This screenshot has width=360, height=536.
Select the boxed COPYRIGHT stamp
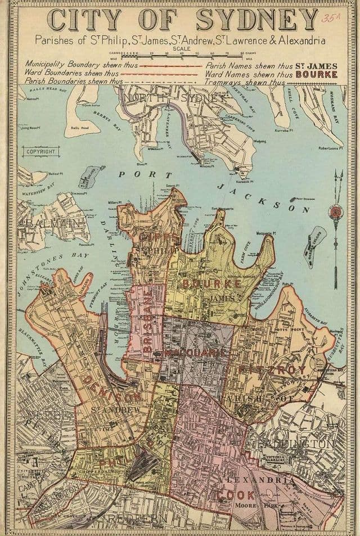(40, 152)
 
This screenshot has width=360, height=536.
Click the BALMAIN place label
(49, 223)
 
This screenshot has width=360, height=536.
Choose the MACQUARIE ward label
(195, 353)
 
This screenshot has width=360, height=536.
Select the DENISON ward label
(111, 388)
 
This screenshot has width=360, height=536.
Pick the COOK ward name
(236, 495)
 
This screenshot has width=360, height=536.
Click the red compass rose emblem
(335, 213)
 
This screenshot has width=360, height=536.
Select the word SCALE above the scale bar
(181, 49)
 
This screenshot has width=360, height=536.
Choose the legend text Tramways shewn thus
(236, 82)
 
